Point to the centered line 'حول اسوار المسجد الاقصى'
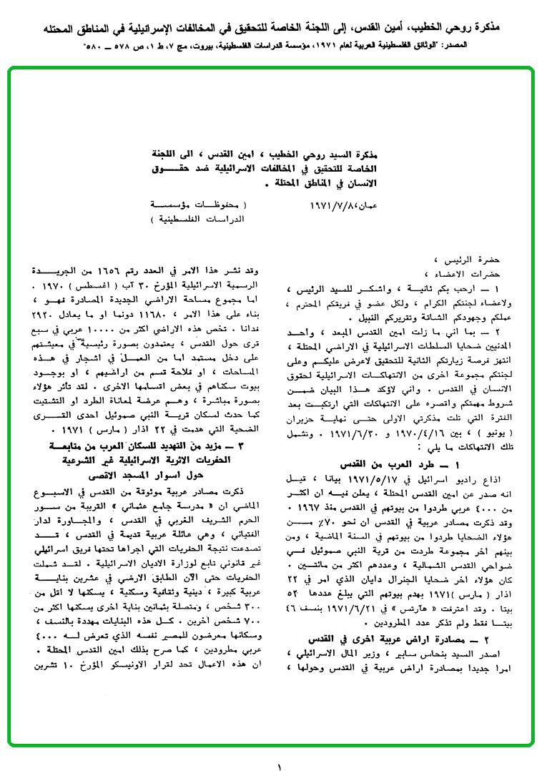point(148,473)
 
